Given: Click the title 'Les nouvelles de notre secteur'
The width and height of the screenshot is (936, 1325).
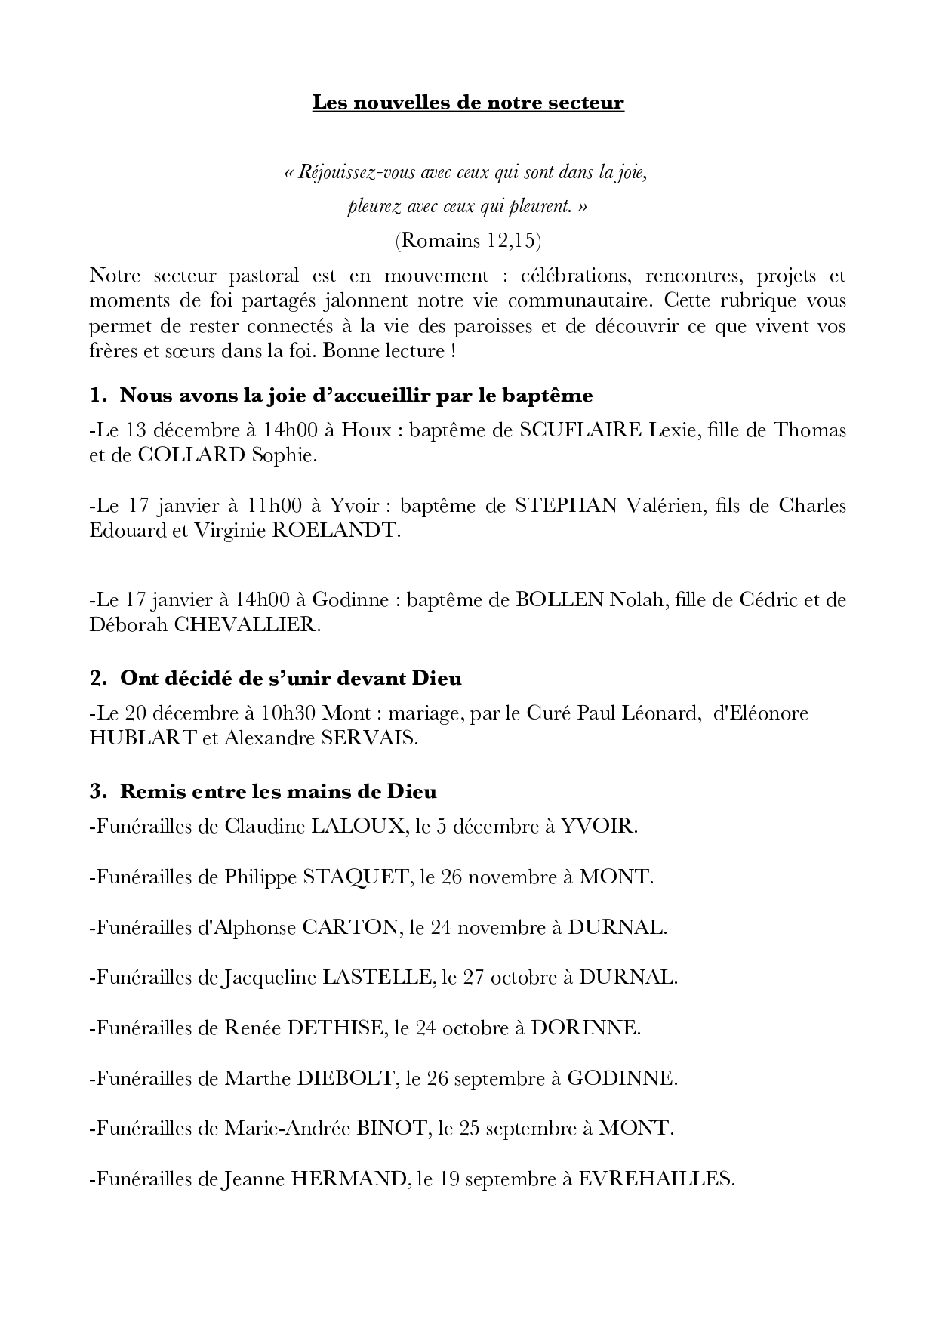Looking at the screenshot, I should coord(468,103).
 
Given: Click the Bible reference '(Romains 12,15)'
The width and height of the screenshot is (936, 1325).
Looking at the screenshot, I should coord(468,240).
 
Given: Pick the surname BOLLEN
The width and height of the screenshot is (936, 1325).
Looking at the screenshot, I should coord(559,600).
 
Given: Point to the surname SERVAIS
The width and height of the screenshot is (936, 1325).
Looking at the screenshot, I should coord(370,738).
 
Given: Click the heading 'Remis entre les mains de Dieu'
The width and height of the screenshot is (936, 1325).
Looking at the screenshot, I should coord(278,792).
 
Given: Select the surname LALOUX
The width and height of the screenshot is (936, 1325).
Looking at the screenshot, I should coord(359,827).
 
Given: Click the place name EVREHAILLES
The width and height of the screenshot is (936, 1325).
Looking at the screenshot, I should coord(655,1179).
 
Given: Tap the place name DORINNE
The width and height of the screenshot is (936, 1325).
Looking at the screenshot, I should coord(585,1028).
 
